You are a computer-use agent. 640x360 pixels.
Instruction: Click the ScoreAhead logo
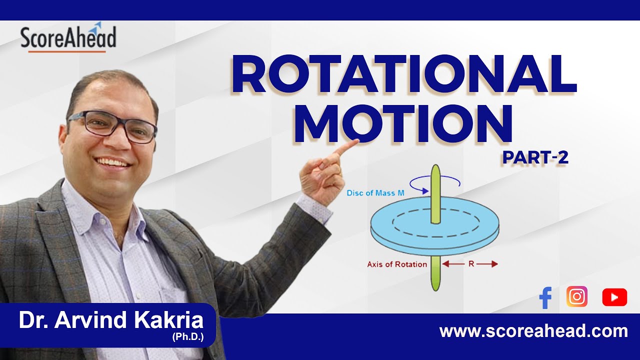pyautogui.click(x=68, y=38)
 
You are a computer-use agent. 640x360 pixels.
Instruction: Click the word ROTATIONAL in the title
pyautogui.click(x=404, y=74)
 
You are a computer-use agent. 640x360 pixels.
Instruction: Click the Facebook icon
pyautogui.click(x=545, y=298)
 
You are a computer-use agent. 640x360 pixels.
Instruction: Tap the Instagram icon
pyautogui.click(x=577, y=296)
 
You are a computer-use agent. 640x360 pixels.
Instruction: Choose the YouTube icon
pyautogui.click(x=614, y=297)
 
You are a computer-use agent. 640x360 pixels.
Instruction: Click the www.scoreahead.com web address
pyautogui.click(x=533, y=331)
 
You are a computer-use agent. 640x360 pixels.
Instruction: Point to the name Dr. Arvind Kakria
pyautogui.click(x=111, y=320)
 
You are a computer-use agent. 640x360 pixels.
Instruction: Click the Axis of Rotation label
pyautogui.click(x=397, y=264)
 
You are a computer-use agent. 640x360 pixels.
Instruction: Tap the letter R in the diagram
pyautogui.click(x=471, y=264)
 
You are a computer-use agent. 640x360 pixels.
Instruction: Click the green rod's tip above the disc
pyautogui.click(x=435, y=167)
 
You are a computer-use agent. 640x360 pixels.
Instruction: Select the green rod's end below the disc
pyautogui.click(x=435, y=287)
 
